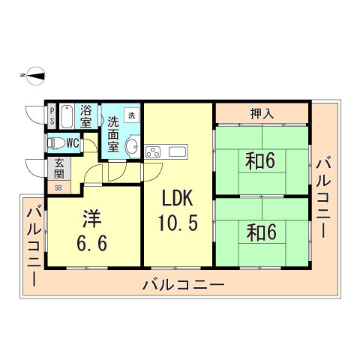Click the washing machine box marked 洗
(131, 115)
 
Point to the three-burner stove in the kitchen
(155, 152)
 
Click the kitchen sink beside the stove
(178, 152)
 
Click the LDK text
(178, 199)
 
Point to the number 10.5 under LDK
(178, 223)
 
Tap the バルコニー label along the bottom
(182, 284)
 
